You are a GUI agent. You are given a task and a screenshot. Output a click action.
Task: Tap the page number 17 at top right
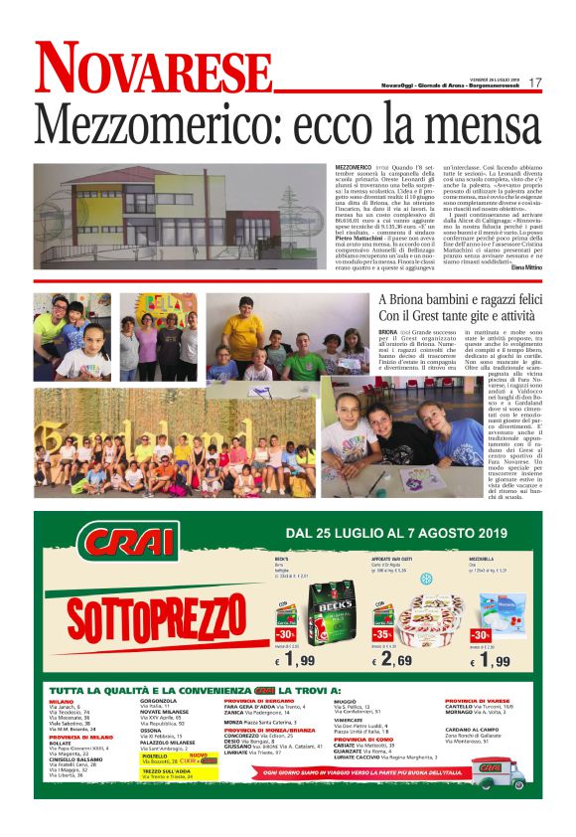[535, 83]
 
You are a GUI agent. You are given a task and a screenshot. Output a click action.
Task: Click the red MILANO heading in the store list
[62, 701]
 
